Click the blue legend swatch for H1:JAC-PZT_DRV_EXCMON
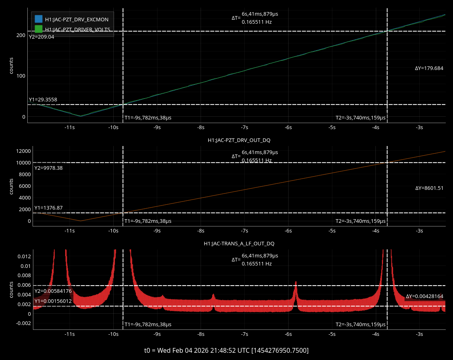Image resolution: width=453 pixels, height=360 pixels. click(x=39, y=19)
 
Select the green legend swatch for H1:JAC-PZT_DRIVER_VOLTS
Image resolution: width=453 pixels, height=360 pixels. click(x=39, y=29)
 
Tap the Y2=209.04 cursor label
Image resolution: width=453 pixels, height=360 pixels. click(x=41, y=37)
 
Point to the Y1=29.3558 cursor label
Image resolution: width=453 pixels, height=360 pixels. click(x=43, y=100)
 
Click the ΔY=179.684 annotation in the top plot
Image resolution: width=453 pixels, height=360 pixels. click(x=429, y=68)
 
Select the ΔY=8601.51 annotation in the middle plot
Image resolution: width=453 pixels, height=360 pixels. click(x=429, y=188)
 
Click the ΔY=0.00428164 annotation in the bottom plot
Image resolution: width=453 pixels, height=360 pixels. click(x=424, y=296)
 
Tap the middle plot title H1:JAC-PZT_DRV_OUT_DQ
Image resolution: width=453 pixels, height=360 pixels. click(x=239, y=140)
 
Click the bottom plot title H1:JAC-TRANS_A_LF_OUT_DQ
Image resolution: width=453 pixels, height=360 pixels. click(x=239, y=243)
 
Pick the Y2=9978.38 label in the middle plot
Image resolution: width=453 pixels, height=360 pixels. click(x=48, y=168)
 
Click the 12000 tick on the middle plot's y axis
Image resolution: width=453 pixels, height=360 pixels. click(x=23, y=151)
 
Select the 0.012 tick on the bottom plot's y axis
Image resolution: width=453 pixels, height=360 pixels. click(x=25, y=257)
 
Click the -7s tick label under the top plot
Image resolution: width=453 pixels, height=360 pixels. click(x=244, y=128)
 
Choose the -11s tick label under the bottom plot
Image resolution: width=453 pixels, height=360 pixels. click(x=70, y=334)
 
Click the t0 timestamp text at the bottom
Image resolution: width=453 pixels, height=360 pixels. click(x=226, y=350)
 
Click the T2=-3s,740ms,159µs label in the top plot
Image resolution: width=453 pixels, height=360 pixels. click(x=361, y=118)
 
